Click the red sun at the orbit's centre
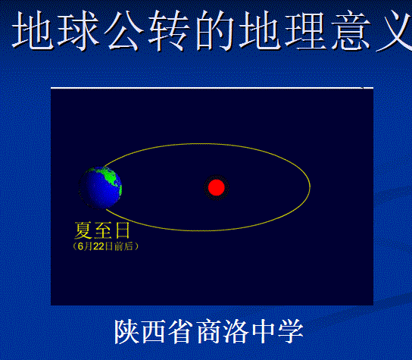tap(217, 187)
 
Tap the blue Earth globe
tap(101, 187)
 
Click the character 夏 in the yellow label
tap(83, 230)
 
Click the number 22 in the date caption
tap(98, 246)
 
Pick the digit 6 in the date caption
tap(80, 246)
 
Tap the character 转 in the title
tap(169, 31)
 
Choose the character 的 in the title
tap(214, 31)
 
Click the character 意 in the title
tap(351, 31)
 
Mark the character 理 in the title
tap(304, 31)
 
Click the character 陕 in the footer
tap(126, 331)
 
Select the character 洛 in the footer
tap(236, 331)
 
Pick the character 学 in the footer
tap(291, 331)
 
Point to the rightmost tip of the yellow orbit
tap(310, 186)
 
